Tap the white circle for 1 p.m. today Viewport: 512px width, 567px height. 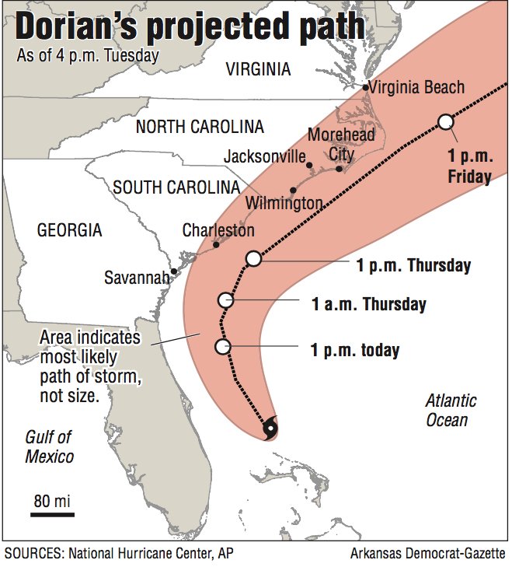[223, 347]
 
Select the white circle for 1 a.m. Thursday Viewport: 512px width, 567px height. [226, 300]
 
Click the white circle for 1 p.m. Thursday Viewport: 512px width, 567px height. [253, 259]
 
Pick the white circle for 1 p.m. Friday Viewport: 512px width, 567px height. [445, 121]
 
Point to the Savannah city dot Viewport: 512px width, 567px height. [174, 271]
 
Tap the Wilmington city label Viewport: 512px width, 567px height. [284, 203]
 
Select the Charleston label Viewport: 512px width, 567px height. [218, 230]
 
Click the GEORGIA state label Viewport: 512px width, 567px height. [69, 229]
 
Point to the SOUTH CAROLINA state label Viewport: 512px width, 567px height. [176, 187]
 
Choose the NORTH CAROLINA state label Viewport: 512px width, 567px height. [200, 127]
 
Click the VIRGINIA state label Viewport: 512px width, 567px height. [258, 70]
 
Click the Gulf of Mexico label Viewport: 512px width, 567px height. [49, 446]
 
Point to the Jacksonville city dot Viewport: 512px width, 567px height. [309, 165]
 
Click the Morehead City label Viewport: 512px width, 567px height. [332, 144]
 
